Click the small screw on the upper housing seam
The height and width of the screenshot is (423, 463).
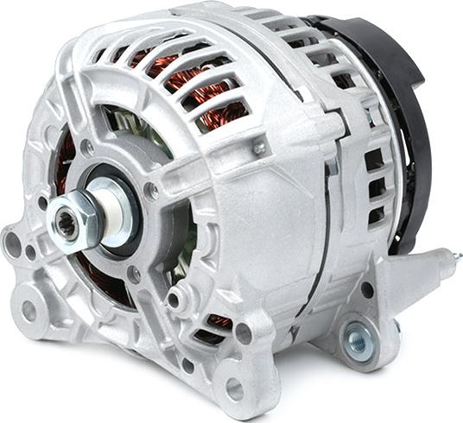point(259,148)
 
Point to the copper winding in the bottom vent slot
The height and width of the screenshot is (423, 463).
point(219,321)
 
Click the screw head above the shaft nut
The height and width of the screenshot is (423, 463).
point(88,148)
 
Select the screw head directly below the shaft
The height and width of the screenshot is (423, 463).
point(134,274)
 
